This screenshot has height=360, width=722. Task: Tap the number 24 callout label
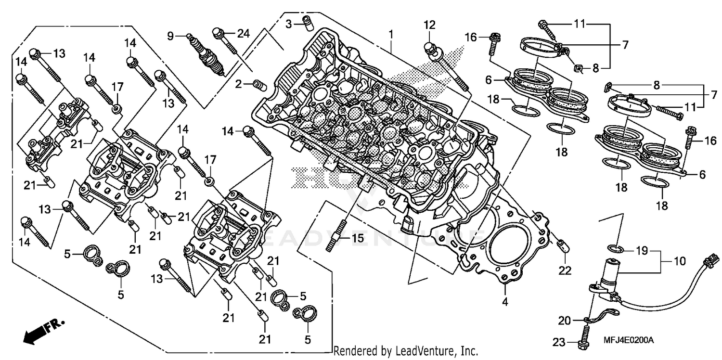click(x=244, y=33)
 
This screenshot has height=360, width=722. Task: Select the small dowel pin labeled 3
click(x=306, y=22)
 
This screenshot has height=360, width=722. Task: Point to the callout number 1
click(x=391, y=34)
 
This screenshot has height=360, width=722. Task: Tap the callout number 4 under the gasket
click(x=505, y=302)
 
